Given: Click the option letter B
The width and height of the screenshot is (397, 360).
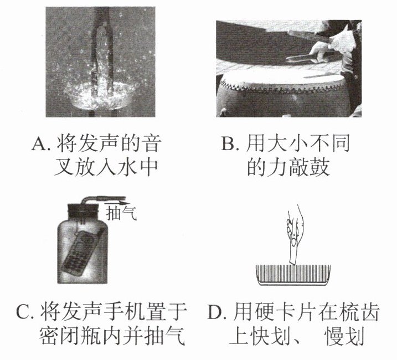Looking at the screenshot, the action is click(228, 143).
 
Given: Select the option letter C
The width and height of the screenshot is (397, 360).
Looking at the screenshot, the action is click(23, 312).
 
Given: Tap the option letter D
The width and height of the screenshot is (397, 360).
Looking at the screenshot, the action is click(215, 312).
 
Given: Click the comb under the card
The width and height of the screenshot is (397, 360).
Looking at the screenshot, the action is click(293, 275).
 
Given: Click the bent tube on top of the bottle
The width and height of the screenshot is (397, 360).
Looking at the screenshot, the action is click(101, 198).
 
